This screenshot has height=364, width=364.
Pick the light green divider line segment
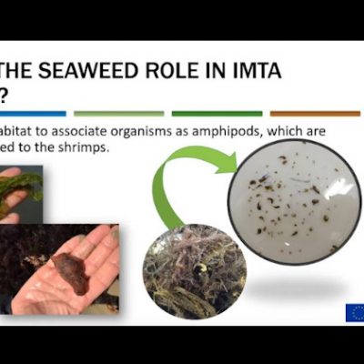[x=118, y=114]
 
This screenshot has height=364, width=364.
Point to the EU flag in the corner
[x=354, y=312]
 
